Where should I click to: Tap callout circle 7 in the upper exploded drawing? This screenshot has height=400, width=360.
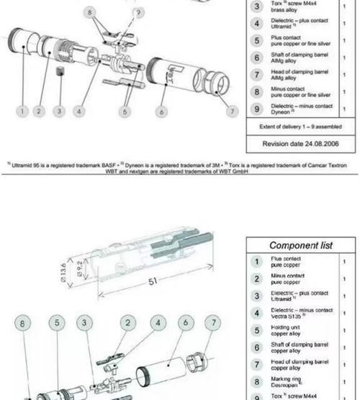click(x=232, y=112)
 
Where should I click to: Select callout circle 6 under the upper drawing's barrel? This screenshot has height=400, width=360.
click(x=161, y=112)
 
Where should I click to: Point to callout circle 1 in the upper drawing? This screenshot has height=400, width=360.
click(x=23, y=112)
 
